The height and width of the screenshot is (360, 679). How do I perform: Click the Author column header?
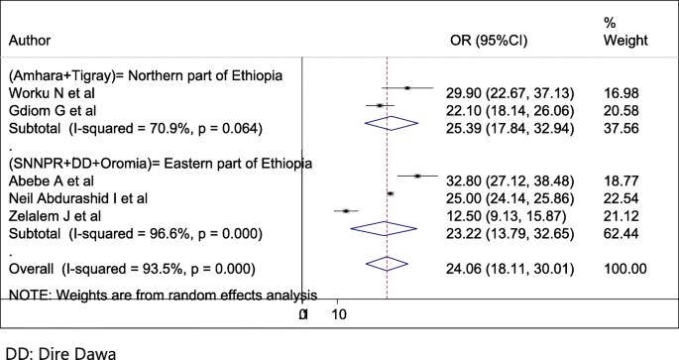[29, 41]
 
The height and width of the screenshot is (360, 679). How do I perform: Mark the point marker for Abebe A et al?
[418, 177]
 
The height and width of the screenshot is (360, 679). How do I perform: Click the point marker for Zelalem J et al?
[346, 210]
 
